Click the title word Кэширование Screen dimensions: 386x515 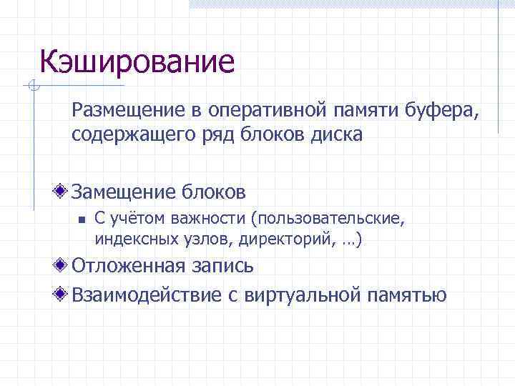(137, 61)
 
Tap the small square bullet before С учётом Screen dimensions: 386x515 (82, 220)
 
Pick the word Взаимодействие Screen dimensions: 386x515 (146, 295)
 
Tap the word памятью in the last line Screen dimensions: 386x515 (407, 295)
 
